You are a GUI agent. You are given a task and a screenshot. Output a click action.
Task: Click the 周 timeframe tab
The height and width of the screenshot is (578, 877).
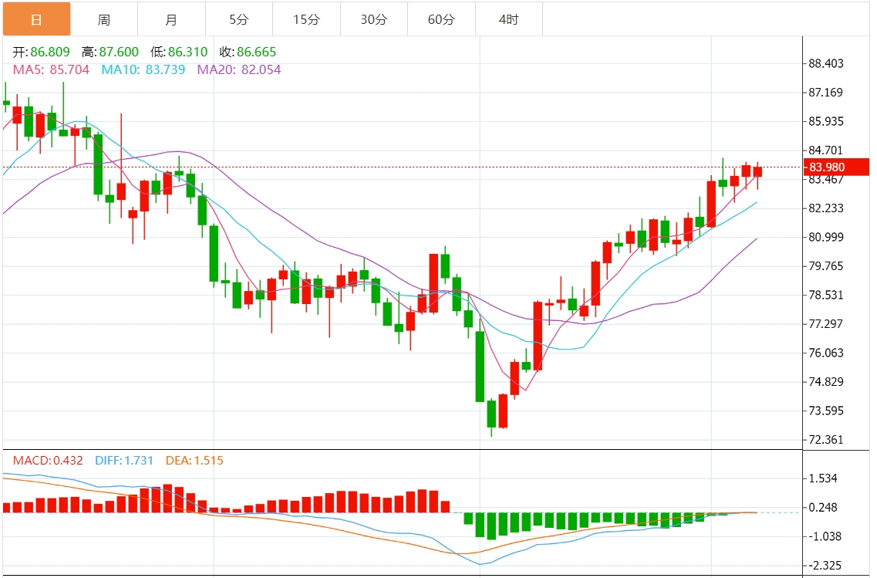pos(103,20)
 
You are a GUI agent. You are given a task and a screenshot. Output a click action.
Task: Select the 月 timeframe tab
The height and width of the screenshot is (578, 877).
pos(171,20)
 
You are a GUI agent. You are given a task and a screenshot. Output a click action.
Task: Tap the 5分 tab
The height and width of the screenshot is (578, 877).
pos(238,20)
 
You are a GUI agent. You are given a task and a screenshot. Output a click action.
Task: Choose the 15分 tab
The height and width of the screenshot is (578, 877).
pos(306,20)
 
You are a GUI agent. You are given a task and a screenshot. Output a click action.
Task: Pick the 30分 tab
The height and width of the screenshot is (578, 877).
pos(373,20)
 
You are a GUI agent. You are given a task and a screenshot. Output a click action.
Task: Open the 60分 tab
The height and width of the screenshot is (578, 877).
pos(441,20)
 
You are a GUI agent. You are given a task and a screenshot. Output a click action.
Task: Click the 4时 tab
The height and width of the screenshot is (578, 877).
pos(508,20)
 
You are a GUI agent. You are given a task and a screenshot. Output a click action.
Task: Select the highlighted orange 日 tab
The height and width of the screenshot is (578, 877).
pos(36,20)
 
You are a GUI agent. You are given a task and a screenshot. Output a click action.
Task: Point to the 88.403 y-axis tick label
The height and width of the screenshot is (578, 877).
pos(825,64)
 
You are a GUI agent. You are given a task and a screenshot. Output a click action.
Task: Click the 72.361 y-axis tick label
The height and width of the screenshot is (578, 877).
pos(825,440)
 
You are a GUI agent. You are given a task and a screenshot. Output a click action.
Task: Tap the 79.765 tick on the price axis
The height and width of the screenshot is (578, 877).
pos(825,266)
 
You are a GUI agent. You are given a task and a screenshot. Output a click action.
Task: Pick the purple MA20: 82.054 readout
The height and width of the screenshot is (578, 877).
pos(239,69)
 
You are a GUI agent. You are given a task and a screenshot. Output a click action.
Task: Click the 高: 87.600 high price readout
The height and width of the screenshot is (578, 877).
pos(110,52)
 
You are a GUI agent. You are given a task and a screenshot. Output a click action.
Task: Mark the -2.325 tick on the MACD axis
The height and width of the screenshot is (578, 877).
pos(822,566)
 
